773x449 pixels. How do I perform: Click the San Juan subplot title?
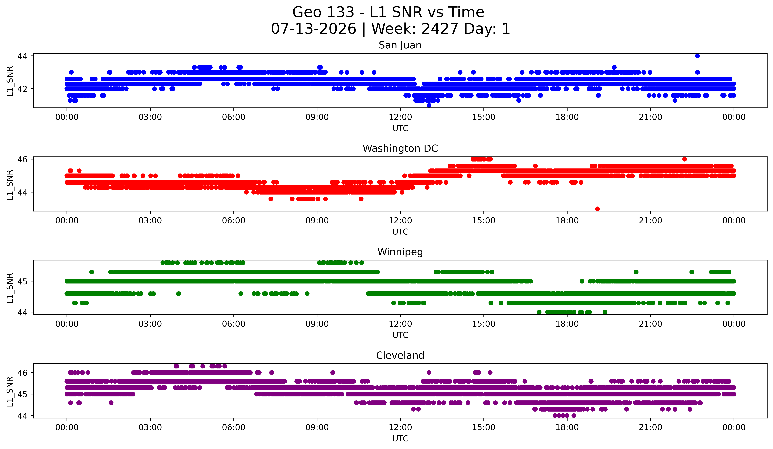[x=400, y=45]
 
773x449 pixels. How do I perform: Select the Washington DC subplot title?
[x=400, y=148]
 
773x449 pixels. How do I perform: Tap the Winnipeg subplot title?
[x=400, y=252]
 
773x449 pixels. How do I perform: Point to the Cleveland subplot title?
[x=400, y=355]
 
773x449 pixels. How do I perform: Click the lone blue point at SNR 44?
[x=697, y=56]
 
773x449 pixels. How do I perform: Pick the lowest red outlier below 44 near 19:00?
[x=597, y=209]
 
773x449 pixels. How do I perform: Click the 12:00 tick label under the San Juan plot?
[x=400, y=117]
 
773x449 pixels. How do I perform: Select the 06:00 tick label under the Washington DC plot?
[x=234, y=221]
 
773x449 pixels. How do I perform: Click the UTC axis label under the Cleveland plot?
[x=400, y=439]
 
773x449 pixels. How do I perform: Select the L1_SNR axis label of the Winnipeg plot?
[x=10, y=288]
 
